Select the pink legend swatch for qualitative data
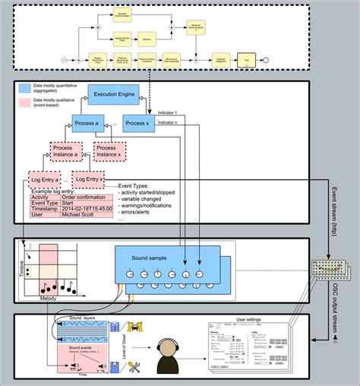(29, 102)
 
